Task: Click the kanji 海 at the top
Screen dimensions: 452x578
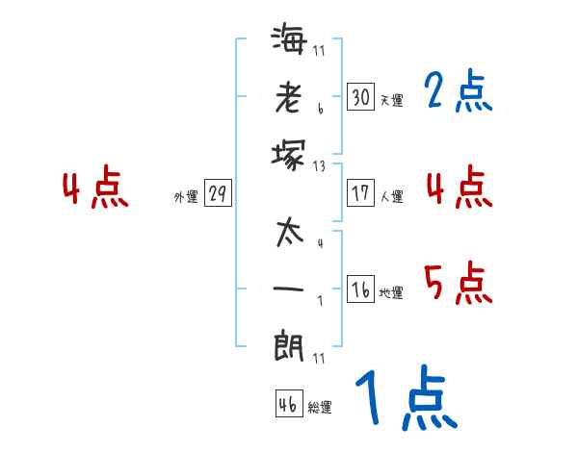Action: click(288, 40)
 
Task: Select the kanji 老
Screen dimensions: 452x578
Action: click(288, 97)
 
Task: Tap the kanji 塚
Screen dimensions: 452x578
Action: click(288, 154)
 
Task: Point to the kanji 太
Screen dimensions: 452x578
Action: click(288, 233)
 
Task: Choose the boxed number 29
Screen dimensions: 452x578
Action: click(218, 194)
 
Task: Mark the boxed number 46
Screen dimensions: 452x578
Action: click(287, 405)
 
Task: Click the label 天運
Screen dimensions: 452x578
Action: click(391, 100)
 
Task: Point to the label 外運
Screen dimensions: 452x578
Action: click(186, 196)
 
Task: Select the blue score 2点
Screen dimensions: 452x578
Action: click(458, 92)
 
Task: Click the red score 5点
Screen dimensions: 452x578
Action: click(458, 285)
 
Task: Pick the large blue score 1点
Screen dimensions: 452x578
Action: click(405, 399)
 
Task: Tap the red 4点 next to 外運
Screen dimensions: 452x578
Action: click(94, 189)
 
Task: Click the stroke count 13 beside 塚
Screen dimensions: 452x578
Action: click(320, 165)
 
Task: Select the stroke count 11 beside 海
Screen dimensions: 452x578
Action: click(320, 51)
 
